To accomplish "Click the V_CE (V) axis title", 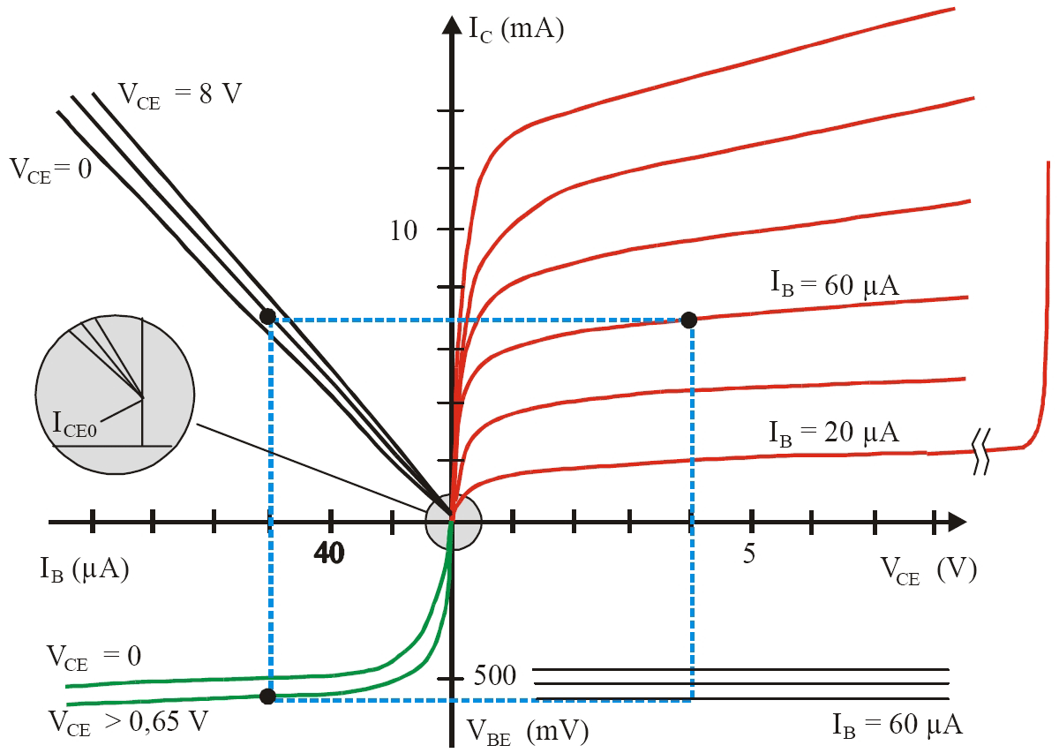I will pyautogui.click(x=928, y=571).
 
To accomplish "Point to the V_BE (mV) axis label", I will pyautogui.click(x=528, y=730).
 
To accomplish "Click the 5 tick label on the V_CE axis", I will pyautogui.click(x=749, y=554).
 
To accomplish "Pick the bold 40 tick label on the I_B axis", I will pyautogui.click(x=329, y=554).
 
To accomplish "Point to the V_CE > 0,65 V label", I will pyautogui.click(x=129, y=720).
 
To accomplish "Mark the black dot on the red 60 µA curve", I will pyautogui.click(x=690, y=320).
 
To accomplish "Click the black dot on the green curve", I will pyautogui.click(x=269, y=697).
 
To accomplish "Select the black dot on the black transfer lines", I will pyautogui.click(x=267, y=316).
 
